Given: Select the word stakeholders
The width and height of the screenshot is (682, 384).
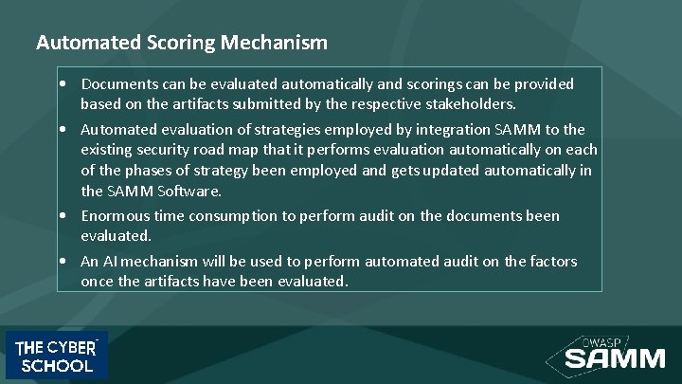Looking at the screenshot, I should [x=468, y=103].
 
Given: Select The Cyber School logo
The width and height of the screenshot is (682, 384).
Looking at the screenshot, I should [x=57, y=356].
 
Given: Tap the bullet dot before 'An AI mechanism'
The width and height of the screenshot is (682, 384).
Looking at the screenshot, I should [x=62, y=262].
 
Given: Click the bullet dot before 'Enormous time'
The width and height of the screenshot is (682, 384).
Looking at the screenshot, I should [x=62, y=216].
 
